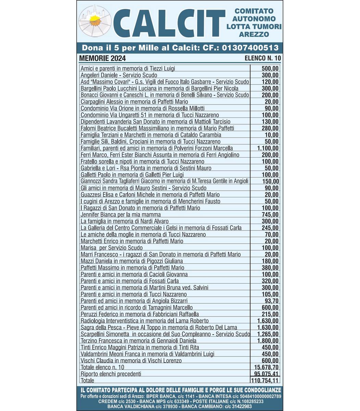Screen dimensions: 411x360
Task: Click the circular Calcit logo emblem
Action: click(x=95, y=21)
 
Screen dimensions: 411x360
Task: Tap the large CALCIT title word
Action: click(x=168, y=24)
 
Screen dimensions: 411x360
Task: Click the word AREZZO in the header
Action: click(x=254, y=34)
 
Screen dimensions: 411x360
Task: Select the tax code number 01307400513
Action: click(x=250, y=48)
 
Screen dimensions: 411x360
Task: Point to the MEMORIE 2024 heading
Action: click(x=102, y=58)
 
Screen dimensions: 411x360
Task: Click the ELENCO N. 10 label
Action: click(x=263, y=58)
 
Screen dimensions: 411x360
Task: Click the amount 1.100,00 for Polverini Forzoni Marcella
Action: click(x=268, y=148)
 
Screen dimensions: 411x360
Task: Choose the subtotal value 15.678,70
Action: click(x=266, y=368)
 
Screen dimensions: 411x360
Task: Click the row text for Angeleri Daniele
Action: click(x=119, y=75)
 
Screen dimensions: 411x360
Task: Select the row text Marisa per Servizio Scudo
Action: click(x=112, y=248)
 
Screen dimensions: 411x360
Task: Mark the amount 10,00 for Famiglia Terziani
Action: click(x=272, y=135)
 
